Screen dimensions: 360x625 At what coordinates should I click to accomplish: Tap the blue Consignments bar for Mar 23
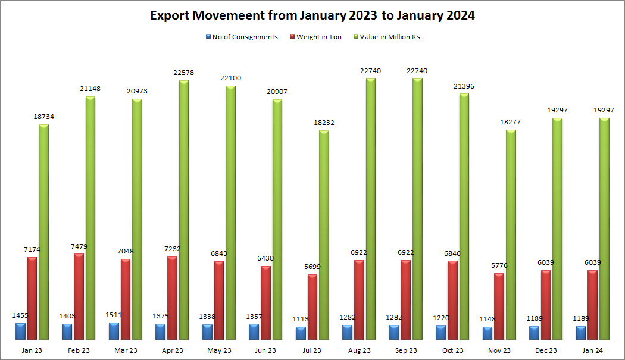click(114, 331)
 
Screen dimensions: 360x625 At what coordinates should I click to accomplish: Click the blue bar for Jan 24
click(580, 333)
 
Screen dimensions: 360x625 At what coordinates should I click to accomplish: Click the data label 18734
click(43, 117)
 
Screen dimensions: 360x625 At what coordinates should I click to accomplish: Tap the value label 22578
click(183, 73)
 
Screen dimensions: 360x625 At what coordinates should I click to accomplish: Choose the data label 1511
click(114, 315)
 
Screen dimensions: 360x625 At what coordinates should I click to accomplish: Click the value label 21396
click(464, 87)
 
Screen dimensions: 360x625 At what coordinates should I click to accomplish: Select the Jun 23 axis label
click(265, 350)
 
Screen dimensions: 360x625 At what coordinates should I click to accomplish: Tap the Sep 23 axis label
click(405, 350)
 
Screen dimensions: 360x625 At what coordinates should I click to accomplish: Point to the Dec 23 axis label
click(545, 350)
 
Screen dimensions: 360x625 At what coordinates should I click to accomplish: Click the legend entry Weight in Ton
click(319, 37)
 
